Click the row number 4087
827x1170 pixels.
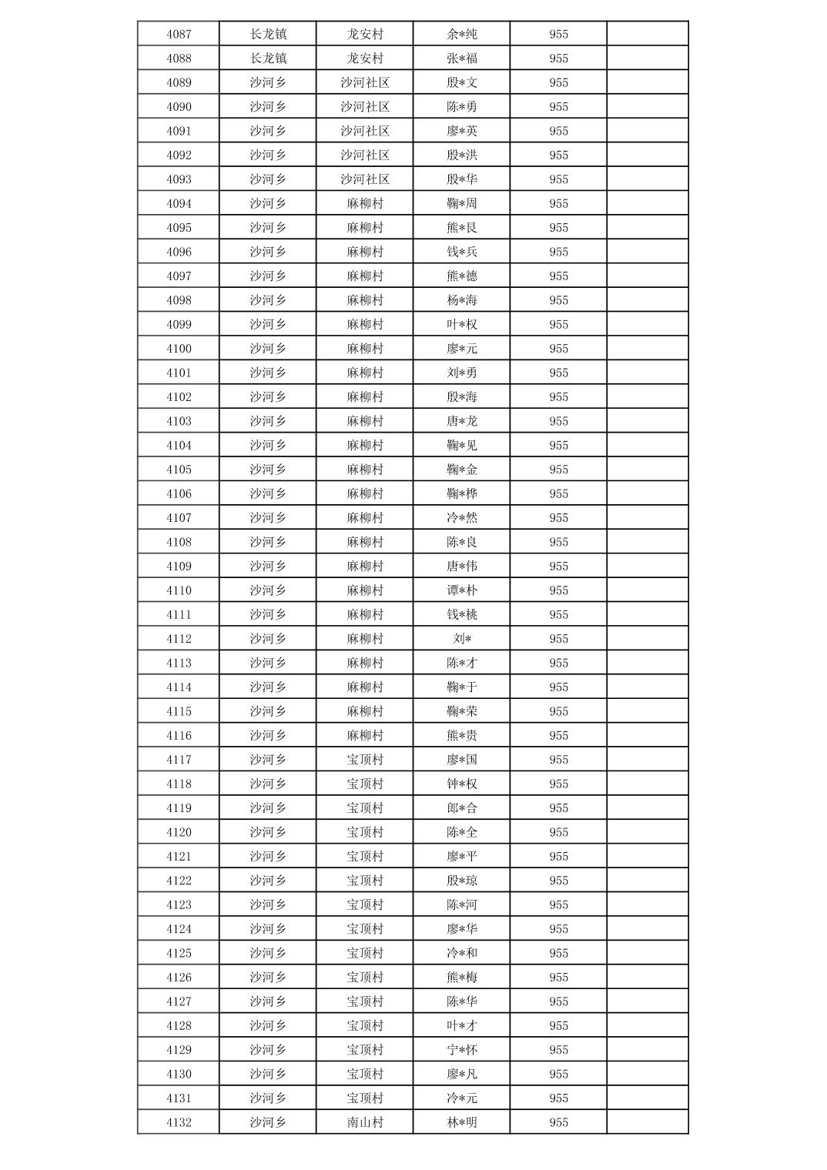[x=179, y=34]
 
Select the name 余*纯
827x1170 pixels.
[x=462, y=34]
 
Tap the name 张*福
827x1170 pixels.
[x=462, y=58]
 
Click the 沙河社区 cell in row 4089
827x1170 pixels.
[x=365, y=82]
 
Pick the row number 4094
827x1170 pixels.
[x=179, y=203]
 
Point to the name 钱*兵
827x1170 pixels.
[x=462, y=252]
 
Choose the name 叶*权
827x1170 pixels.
[x=462, y=324]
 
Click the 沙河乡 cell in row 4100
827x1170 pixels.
[x=268, y=349]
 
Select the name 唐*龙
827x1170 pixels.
[x=462, y=421]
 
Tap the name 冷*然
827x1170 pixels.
[x=462, y=518]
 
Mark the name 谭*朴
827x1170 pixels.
[x=462, y=590]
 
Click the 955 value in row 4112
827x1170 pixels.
[x=559, y=639]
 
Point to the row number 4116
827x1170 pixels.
[x=179, y=735]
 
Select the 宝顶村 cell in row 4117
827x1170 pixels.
[x=365, y=760]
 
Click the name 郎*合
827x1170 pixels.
[x=462, y=808]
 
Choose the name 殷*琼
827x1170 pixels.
[x=462, y=881]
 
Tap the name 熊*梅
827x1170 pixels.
[x=462, y=978]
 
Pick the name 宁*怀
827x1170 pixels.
[x=462, y=1050]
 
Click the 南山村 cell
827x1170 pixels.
[x=365, y=1122]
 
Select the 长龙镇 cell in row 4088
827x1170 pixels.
[x=268, y=58]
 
